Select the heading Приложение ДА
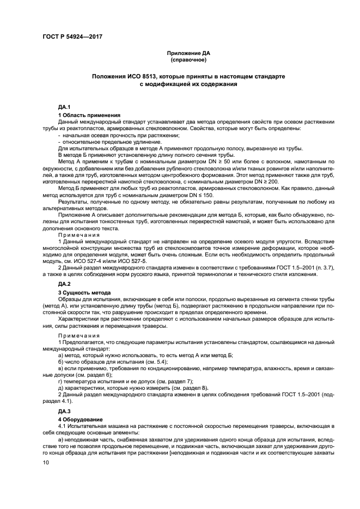(x=188, y=53)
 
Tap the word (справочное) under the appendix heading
(x=188, y=60)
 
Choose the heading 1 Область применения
(x=89, y=115)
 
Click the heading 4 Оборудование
(x=81, y=420)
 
